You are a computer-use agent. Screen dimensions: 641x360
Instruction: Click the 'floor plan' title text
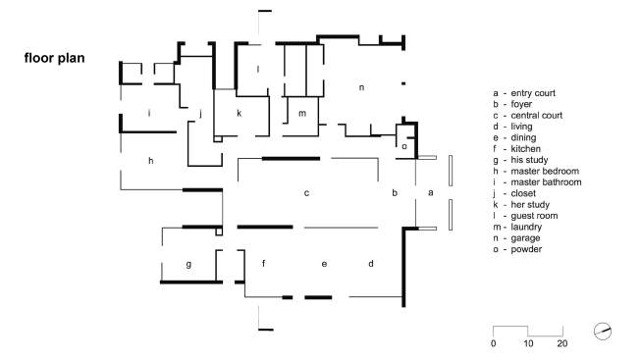click(x=54, y=58)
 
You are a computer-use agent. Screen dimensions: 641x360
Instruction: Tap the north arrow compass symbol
click(x=603, y=331)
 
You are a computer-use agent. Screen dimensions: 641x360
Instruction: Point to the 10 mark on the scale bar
click(x=528, y=343)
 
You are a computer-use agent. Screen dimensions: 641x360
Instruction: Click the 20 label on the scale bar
click(x=562, y=343)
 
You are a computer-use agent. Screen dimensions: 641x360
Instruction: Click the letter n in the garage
click(x=361, y=87)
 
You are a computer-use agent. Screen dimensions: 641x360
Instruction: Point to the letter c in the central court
click(x=306, y=193)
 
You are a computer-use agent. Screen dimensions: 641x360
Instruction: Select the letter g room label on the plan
click(x=188, y=265)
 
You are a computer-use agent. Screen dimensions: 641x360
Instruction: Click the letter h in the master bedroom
click(x=151, y=161)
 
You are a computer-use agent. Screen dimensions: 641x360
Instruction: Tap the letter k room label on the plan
click(x=240, y=113)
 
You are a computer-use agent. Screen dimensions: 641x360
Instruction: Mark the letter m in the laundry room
click(x=302, y=113)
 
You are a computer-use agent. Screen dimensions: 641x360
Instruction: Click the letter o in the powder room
click(x=404, y=146)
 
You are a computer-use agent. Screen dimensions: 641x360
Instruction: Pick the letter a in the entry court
click(x=431, y=192)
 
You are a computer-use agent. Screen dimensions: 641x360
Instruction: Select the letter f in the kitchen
click(x=264, y=263)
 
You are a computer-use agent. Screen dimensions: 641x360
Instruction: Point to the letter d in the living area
click(x=371, y=263)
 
